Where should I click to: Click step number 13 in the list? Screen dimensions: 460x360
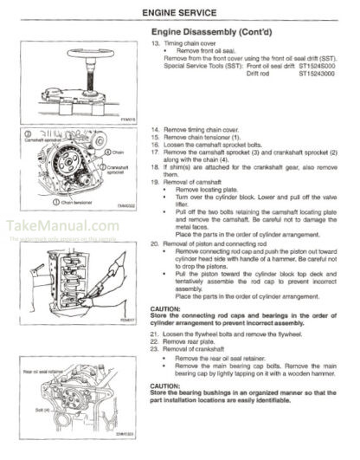coord(155,42)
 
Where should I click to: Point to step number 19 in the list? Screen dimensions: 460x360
coord(155,183)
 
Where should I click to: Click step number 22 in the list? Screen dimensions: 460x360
coord(155,342)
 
